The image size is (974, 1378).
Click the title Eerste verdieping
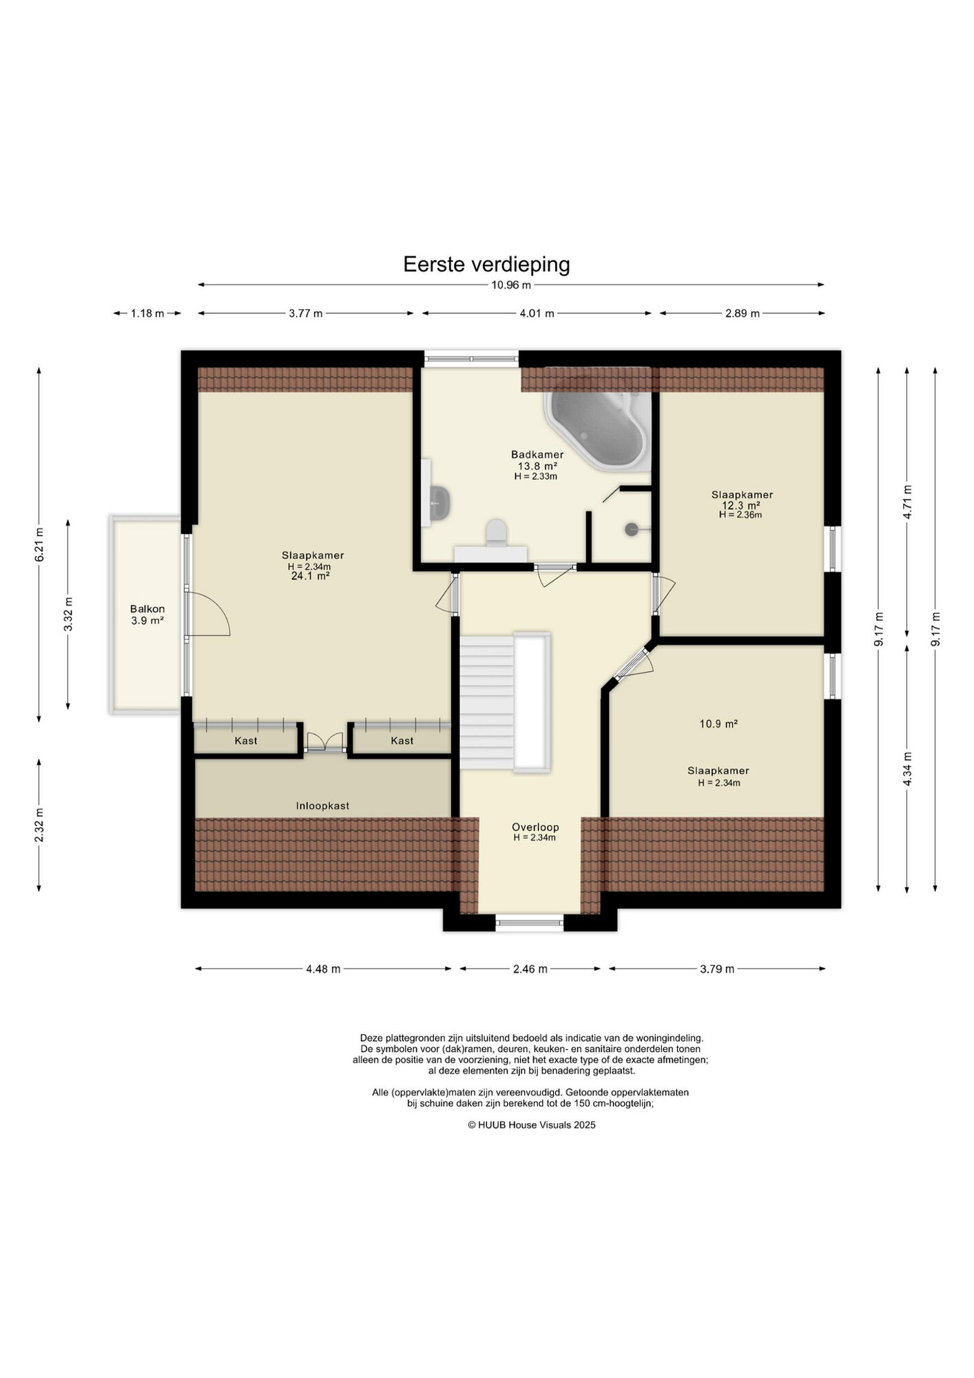(x=486, y=265)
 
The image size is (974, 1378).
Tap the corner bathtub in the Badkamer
(x=597, y=430)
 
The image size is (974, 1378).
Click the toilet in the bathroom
(x=496, y=533)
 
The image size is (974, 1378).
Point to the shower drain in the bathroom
(x=632, y=529)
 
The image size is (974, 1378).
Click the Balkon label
(x=147, y=609)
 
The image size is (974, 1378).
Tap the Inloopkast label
(x=322, y=805)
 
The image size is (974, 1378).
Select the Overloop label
(x=535, y=827)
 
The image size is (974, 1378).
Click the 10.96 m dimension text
(x=511, y=285)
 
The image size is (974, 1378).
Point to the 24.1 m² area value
(x=310, y=576)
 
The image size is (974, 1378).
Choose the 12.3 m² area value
(x=740, y=505)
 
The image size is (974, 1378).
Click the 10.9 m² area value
(x=718, y=723)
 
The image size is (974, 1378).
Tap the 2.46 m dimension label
(x=530, y=969)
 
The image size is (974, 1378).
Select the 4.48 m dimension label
(x=323, y=969)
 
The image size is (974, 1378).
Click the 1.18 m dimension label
(x=147, y=313)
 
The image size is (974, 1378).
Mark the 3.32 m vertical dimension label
(x=68, y=614)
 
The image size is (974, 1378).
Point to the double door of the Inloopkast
(x=324, y=741)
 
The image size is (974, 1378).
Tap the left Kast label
(x=246, y=741)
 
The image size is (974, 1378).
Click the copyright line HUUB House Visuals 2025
(x=531, y=1125)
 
